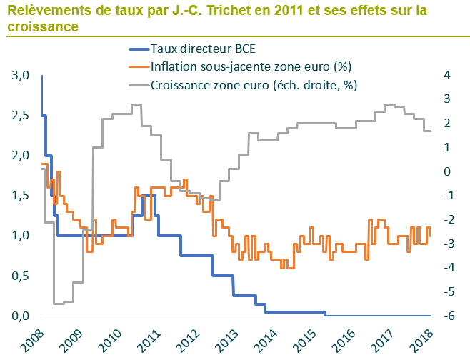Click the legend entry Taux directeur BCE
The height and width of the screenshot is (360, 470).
tap(203, 49)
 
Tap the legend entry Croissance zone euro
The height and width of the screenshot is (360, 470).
tap(254, 84)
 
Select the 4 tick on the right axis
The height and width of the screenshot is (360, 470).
tap(446, 75)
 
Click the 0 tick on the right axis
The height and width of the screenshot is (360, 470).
tap(446, 171)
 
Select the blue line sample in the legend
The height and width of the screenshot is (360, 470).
tap(138, 49)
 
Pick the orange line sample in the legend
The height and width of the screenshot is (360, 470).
tap(138, 66)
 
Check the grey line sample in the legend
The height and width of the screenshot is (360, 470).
tap(138, 84)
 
